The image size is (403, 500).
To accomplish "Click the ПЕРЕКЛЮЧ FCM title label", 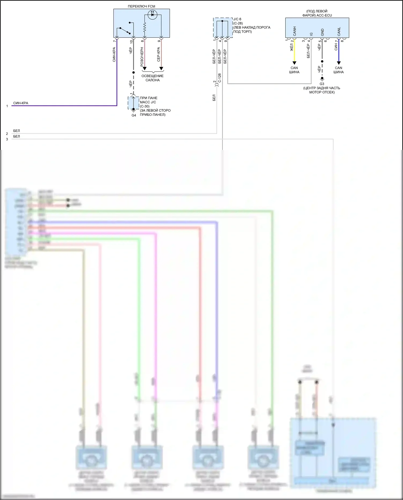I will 141,6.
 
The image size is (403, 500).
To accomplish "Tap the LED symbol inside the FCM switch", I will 152,15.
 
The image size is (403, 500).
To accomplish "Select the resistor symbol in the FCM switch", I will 144,27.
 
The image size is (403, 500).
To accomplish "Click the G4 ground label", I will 134,116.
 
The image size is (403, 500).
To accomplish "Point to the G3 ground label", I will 322,84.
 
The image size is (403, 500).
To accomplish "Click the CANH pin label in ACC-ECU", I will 294,31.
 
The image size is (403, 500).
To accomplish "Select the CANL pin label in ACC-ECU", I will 339,31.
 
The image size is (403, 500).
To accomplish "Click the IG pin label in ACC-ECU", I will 311,34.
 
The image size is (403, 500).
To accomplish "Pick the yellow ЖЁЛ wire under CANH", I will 294,51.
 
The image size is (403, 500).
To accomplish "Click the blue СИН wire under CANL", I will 339,51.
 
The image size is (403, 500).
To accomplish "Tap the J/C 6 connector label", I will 237,19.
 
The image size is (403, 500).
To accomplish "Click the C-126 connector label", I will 220,78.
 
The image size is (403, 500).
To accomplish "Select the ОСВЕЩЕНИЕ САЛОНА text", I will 152,78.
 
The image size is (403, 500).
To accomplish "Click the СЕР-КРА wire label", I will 159,54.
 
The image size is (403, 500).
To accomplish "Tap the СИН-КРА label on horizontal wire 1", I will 21,103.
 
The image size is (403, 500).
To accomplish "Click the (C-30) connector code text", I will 145,106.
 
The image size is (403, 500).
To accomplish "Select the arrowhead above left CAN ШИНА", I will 294,63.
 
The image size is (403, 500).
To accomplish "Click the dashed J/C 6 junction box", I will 223,28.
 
